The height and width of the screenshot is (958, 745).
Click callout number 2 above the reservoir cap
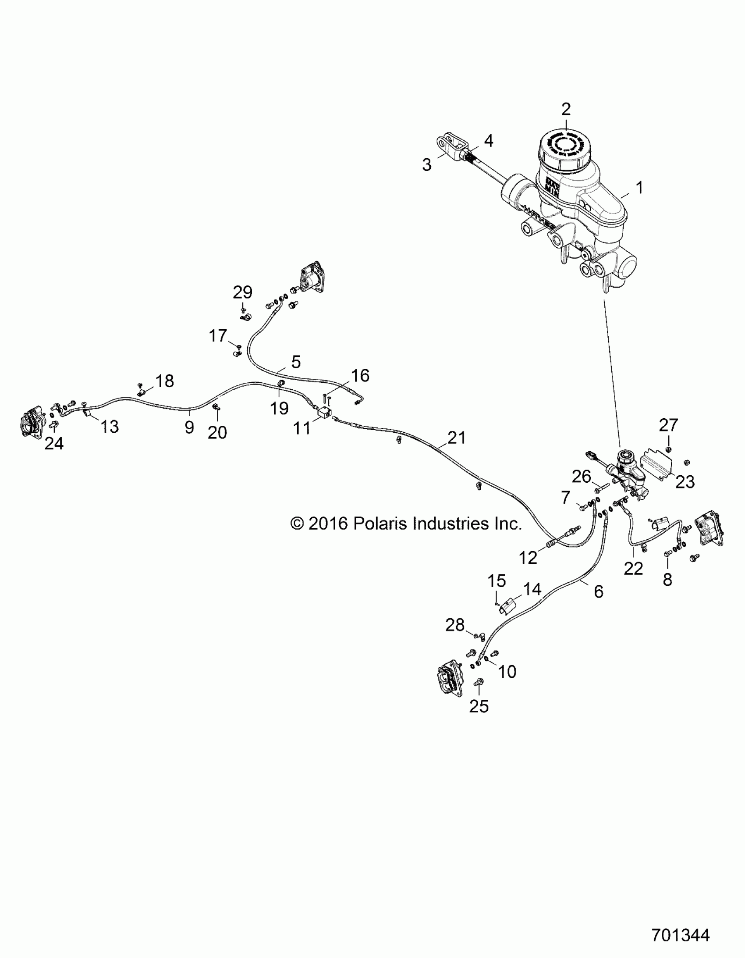(566, 109)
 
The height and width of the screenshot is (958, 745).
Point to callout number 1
(640, 188)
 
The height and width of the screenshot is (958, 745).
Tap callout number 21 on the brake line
(457, 437)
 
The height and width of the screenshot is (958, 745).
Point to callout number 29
(242, 292)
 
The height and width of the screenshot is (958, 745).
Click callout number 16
(360, 375)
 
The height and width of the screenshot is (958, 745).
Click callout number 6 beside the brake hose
(599, 591)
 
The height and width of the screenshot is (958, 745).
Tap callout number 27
(668, 424)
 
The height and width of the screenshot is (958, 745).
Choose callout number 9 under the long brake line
(189, 427)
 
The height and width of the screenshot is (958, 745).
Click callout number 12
(528, 558)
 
